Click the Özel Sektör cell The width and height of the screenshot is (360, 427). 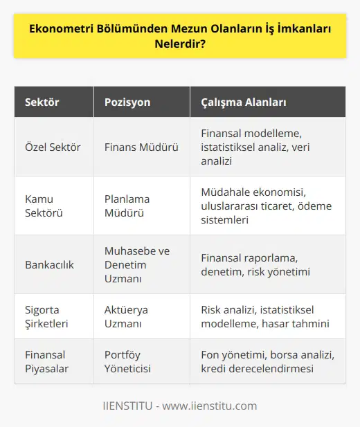click(51, 146)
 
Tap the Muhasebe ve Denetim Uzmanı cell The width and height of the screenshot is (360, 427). click(136, 264)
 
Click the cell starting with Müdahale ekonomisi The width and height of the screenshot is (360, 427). click(267, 205)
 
